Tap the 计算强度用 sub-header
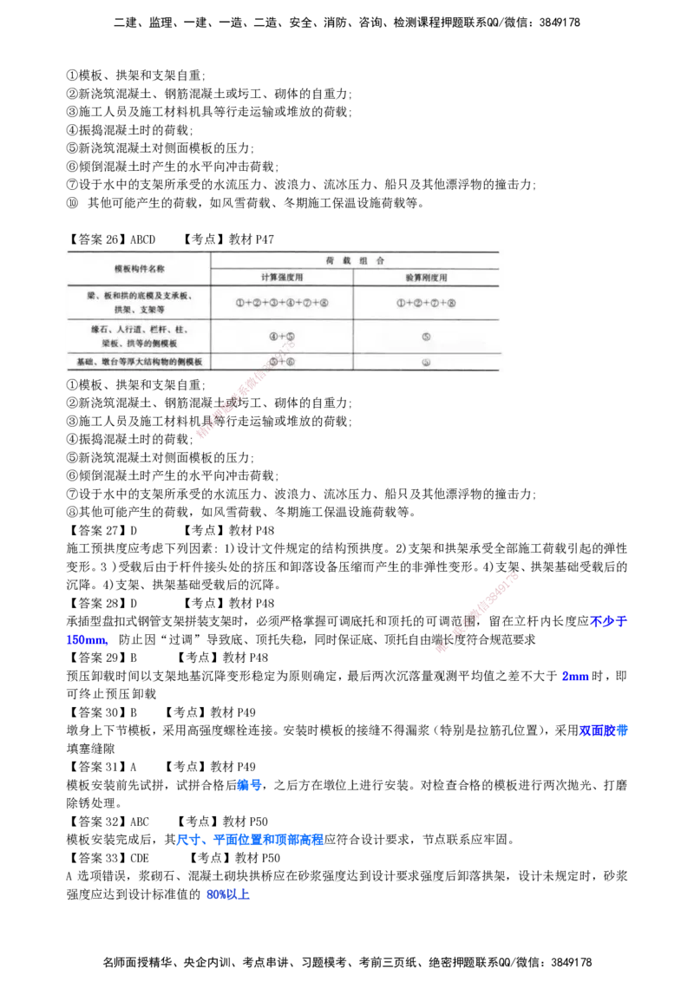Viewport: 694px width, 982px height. pos(283,278)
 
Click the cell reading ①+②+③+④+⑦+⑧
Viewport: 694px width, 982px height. pos(281,303)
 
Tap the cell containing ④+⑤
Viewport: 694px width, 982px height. pos(282,336)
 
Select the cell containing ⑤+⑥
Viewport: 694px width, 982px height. pos(282,362)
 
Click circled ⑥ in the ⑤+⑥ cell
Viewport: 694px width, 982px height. pos(291,362)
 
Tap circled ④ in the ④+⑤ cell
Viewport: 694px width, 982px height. pos(272,336)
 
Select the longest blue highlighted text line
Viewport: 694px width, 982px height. pos(250,840)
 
